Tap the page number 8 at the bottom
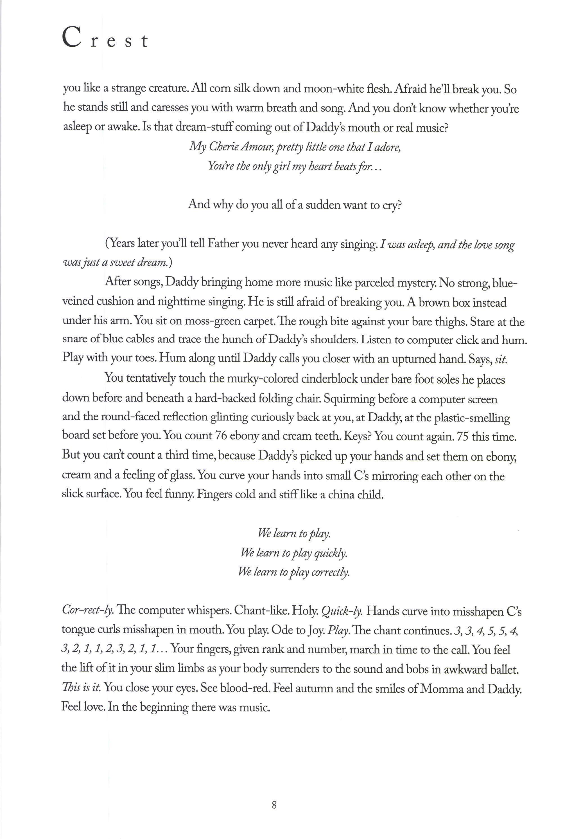274,805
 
